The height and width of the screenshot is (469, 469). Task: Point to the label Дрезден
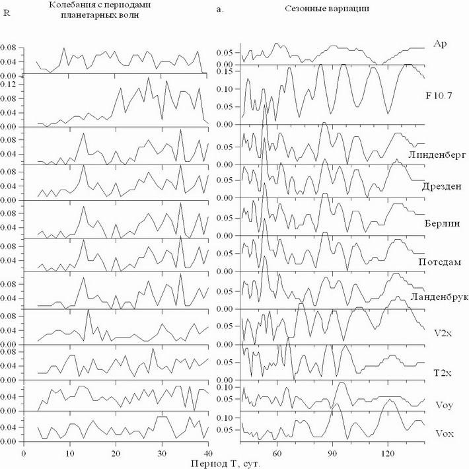click(441, 188)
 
